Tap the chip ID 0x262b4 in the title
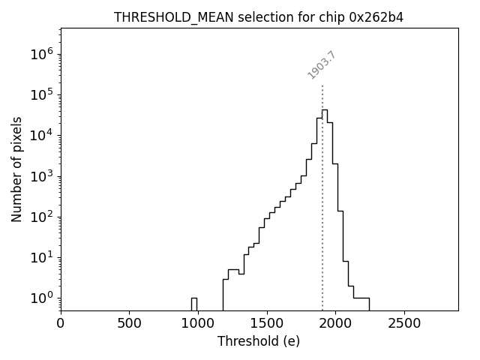(376, 16)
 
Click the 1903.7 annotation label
(322, 65)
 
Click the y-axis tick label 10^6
(42, 54)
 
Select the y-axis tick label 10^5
(42, 94)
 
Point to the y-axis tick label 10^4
(42, 135)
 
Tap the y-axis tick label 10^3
(42, 176)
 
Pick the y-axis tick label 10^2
(42, 217)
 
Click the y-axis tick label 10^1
(42, 257)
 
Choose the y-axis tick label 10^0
(42, 298)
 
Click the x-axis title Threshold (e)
(259, 341)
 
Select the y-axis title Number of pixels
(16, 169)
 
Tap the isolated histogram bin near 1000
(193, 304)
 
